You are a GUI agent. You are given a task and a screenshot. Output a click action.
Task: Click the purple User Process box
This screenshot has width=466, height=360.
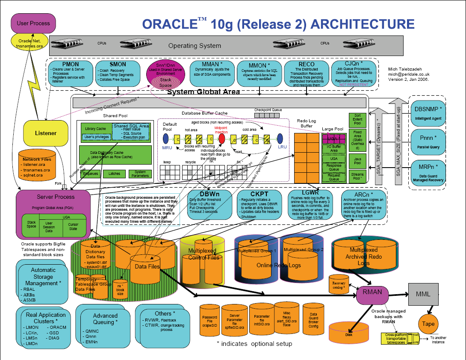pyautogui.click(x=33, y=23)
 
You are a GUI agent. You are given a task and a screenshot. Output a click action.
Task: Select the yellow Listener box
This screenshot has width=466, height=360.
pyautogui.click(x=46, y=133)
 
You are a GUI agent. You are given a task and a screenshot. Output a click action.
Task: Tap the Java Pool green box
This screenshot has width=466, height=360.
pyautogui.click(x=357, y=161)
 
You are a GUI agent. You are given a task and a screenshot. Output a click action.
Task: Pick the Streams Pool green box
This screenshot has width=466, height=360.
pyautogui.click(x=357, y=177)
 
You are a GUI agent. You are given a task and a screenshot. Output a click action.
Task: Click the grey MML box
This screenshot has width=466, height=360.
pyautogui.click(x=424, y=294)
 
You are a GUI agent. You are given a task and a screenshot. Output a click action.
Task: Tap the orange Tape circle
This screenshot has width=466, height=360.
pyautogui.click(x=428, y=324)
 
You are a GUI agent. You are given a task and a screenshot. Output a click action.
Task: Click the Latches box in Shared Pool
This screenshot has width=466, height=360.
pyautogui.click(x=114, y=174)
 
